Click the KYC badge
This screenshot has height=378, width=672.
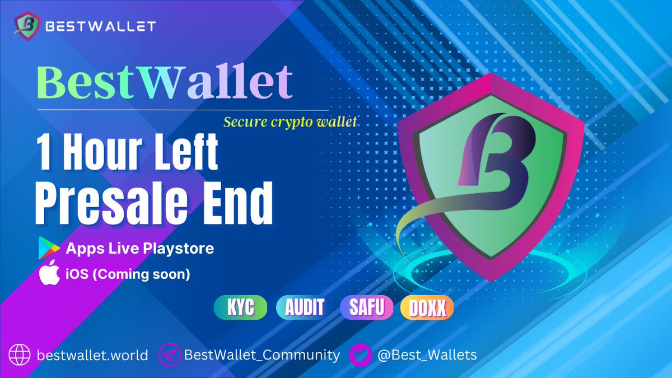(241, 307)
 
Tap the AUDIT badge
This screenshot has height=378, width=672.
(305, 307)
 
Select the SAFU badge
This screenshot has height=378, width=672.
(367, 307)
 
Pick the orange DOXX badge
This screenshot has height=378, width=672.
(427, 307)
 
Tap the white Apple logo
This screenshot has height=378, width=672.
(49, 274)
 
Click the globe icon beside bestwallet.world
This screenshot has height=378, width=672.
(21, 355)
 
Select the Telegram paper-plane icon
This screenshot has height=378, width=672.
(169, 355)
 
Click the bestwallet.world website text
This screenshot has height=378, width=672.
(92, 355)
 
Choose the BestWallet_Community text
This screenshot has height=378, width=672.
(262, 355)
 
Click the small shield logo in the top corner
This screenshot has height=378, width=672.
(26, 26)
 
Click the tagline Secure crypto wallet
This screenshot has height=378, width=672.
(290, 122)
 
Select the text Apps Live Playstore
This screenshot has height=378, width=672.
(140, 248)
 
